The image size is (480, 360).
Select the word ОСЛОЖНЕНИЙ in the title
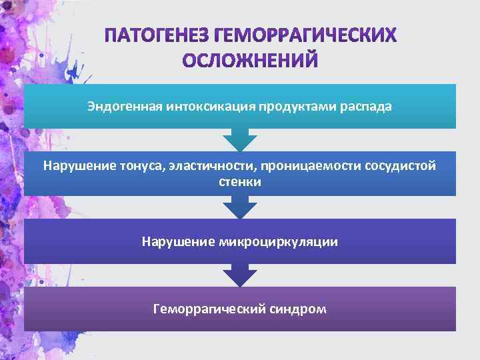pyautogui.click(x=251, y=61)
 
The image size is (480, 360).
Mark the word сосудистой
pyautogui.click(x=401, y=166)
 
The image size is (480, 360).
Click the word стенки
pyautogui.click(x=240, y=181)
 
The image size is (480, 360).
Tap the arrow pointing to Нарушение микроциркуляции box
pyautogui.click(x=240, y=208)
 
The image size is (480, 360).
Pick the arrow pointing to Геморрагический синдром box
pyautogui.click(x=240, y=275)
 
